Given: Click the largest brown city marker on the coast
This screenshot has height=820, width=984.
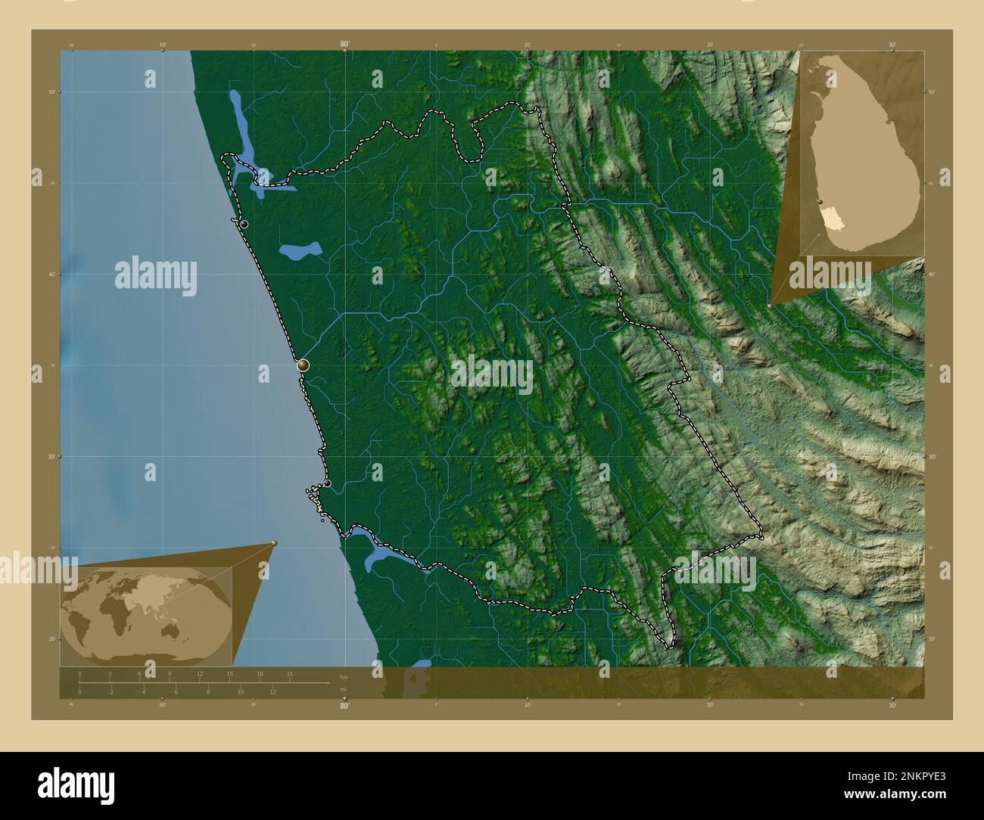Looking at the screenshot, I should [x=304, y=365].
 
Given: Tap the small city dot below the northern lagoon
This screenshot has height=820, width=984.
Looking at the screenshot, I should [x=244, y=224].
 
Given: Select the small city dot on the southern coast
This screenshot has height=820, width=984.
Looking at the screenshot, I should [x=327, y=483].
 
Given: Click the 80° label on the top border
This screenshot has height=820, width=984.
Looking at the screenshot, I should [x=344, y=45].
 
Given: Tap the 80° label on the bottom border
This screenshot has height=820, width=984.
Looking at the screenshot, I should [x=344, y=707].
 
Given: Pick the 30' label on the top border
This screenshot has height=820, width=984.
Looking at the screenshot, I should [x=892, y=45].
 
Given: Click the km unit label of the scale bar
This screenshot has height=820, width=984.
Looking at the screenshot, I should [x=344, y=676].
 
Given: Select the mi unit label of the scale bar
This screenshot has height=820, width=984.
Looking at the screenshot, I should [x=343, y=689].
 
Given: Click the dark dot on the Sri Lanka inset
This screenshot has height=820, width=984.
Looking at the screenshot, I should [x=821, y=202].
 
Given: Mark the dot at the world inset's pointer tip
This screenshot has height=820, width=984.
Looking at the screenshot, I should [x=274, y=543].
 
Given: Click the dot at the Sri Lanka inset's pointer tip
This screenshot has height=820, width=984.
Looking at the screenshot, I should [x=770, y=306].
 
